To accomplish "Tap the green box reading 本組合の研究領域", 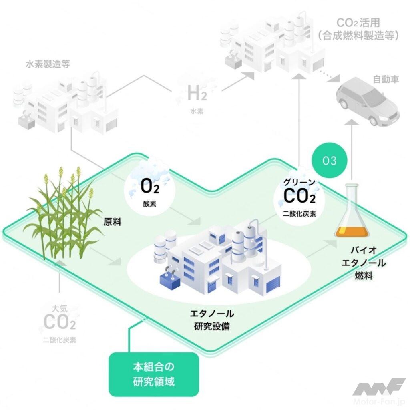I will tap(154, 374).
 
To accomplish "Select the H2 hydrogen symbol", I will tap(197, 94).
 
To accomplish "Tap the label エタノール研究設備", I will tap(211, 320).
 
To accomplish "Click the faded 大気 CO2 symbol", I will tap(60, 320).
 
